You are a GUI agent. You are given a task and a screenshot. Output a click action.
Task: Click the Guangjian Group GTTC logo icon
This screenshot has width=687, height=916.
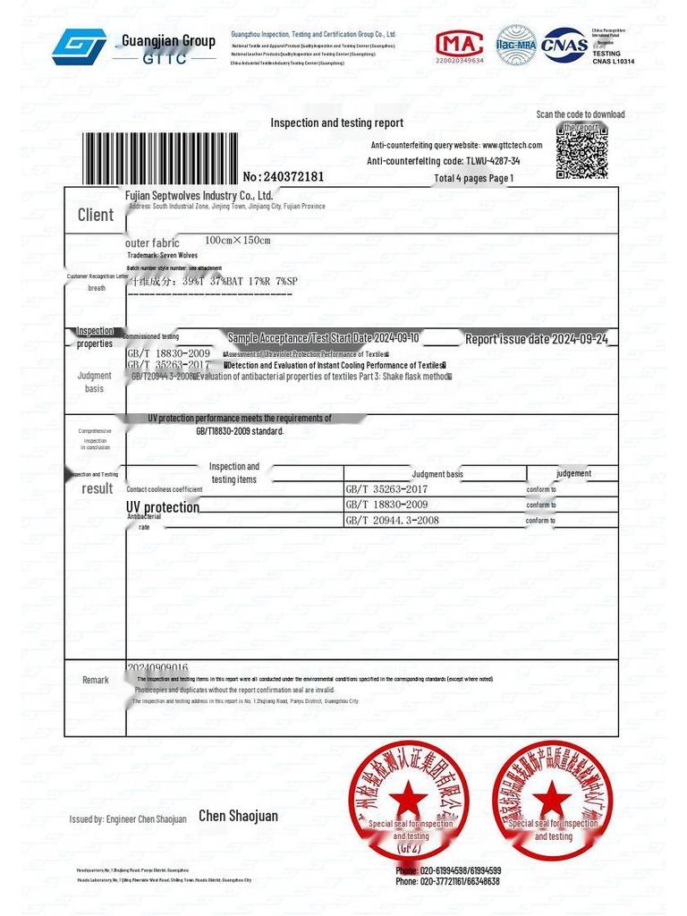tap(79, 47)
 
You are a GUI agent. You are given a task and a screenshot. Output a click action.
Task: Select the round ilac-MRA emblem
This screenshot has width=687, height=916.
tap(516, 45)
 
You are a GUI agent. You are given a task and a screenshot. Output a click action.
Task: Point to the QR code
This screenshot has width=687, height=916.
tap(581, 150)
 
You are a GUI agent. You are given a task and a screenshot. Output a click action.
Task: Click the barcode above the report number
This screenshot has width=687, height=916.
tap(161, 157)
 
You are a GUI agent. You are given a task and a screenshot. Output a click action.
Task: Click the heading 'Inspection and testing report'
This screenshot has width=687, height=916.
tap(336, 123)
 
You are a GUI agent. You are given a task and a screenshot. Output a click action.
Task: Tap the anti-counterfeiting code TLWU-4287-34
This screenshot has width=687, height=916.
tap(493, 161)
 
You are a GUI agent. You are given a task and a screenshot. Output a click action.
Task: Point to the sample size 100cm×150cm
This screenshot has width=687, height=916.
tap(237, 241)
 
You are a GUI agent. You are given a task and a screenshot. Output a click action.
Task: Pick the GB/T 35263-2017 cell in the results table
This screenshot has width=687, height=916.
tap(386, 490)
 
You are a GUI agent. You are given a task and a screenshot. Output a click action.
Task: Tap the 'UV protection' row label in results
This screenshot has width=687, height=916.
tap(163, 507)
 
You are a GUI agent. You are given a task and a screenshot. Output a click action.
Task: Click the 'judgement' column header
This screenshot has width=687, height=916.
tap(573, 473)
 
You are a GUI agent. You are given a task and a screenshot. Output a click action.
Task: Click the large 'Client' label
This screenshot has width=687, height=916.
tap(96, 215)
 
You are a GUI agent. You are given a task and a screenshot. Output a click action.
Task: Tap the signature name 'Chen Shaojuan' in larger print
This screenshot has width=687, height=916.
tap(238, 816)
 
